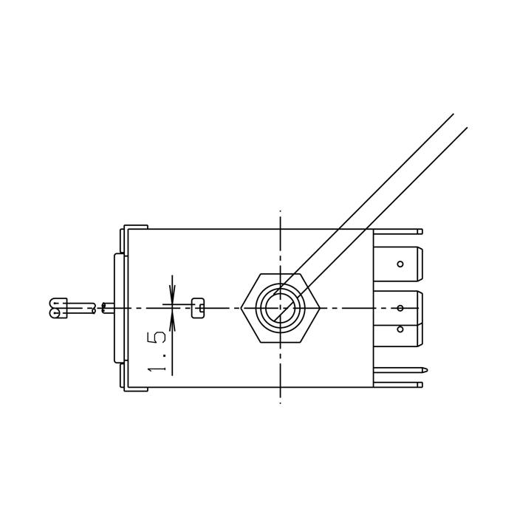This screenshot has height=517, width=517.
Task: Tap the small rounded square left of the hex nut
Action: click(x=198, y=308)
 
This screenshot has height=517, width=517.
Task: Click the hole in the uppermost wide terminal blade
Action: click(x=400, y=264)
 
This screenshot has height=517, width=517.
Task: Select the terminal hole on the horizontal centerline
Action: click(x=400, y=308)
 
